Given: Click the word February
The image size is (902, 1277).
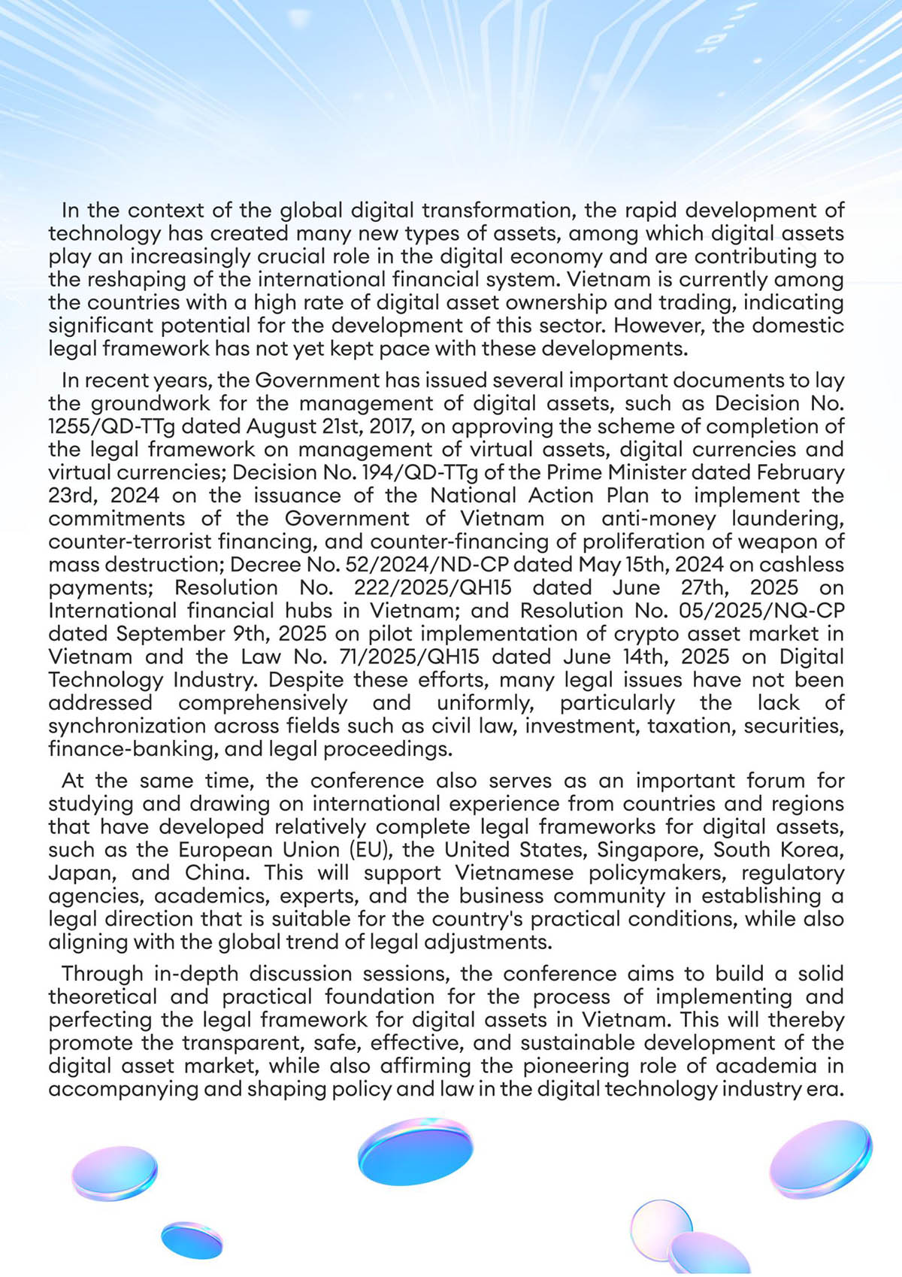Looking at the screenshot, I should pyautogui.click(x=801, y=472).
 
